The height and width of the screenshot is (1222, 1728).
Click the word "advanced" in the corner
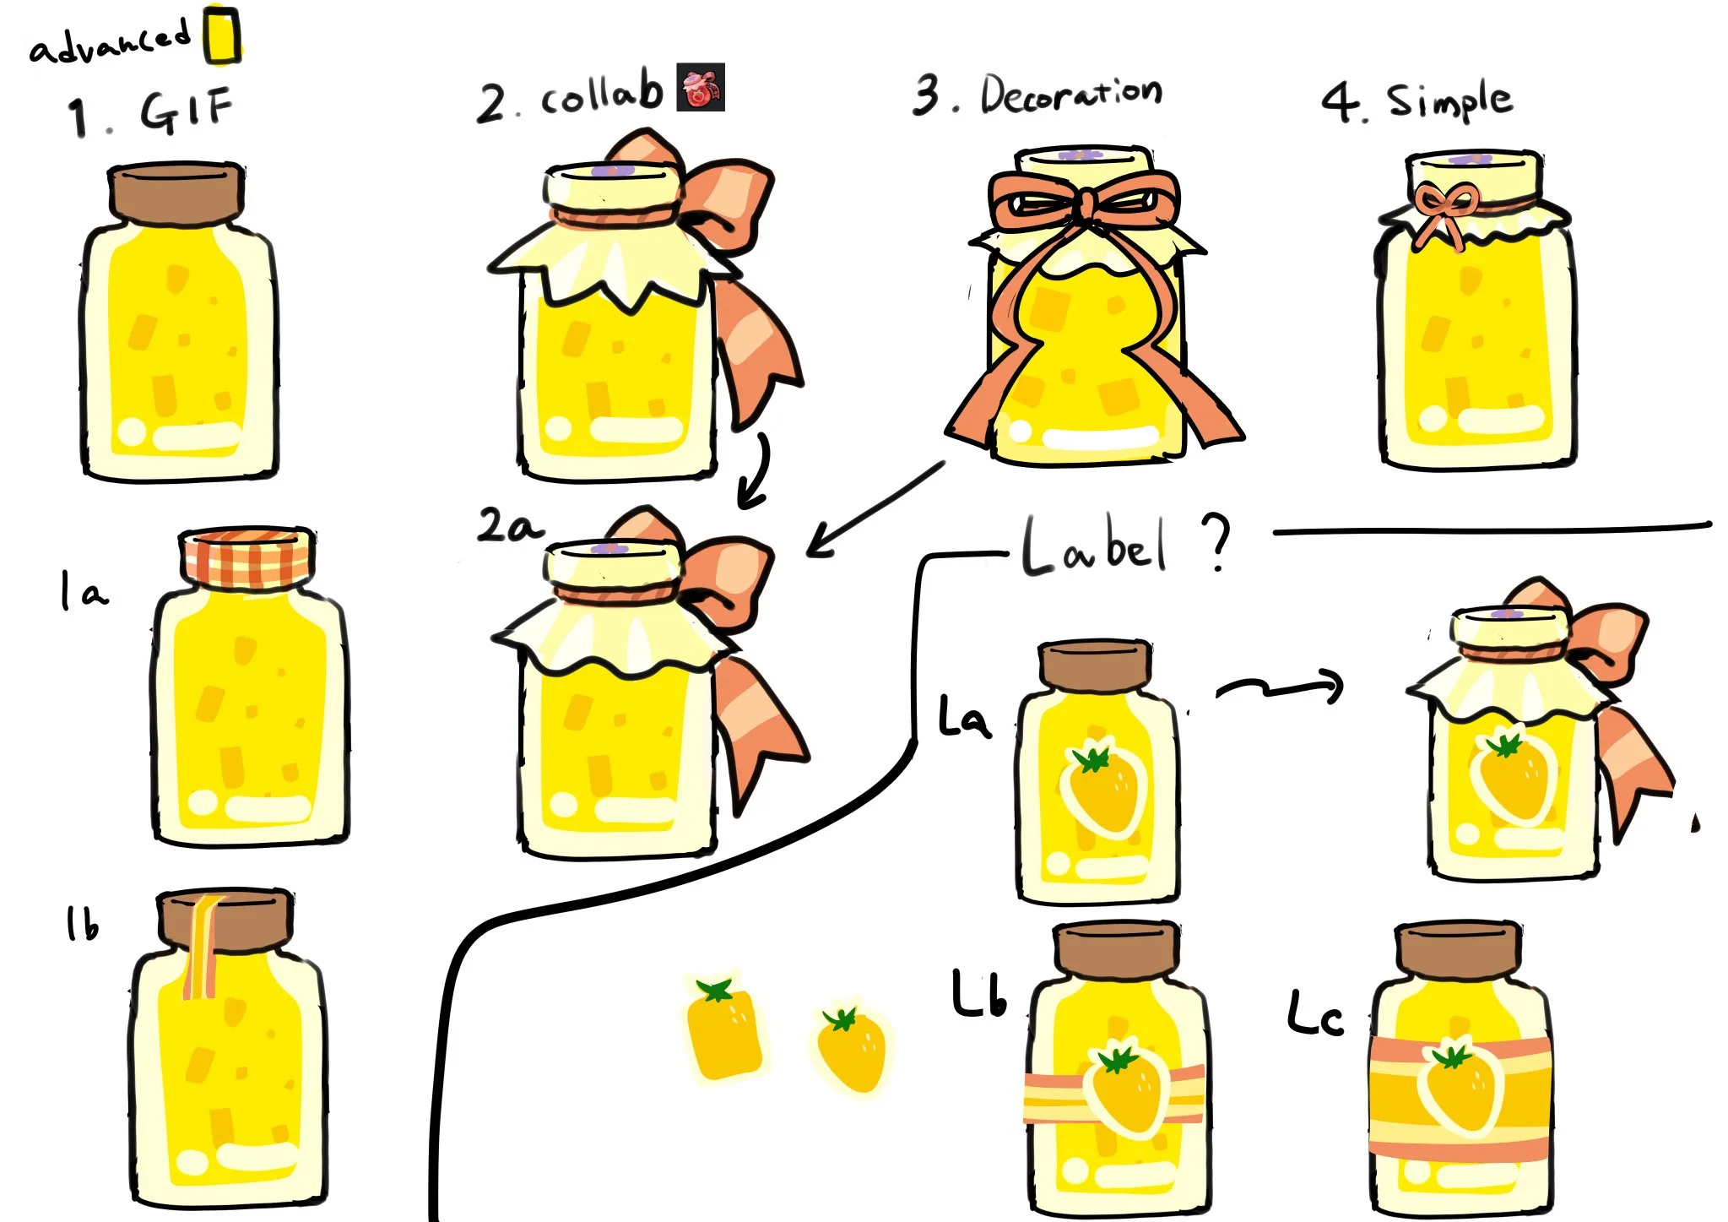(110, 42)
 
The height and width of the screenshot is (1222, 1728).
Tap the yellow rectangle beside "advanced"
(222, 35)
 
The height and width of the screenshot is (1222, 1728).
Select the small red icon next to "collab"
(701, 87)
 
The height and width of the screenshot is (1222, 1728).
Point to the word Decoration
(1070, 93)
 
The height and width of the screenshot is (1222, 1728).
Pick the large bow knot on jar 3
(1085, 204)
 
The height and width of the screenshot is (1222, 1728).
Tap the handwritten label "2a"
(511, 526)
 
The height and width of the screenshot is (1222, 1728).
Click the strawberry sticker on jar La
(1102, 788)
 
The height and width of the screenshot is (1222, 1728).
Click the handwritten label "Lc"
(1314, 1013)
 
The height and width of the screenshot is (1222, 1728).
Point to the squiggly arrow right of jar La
(1280, 688)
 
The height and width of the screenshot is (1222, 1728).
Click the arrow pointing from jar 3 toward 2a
(875, 509)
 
